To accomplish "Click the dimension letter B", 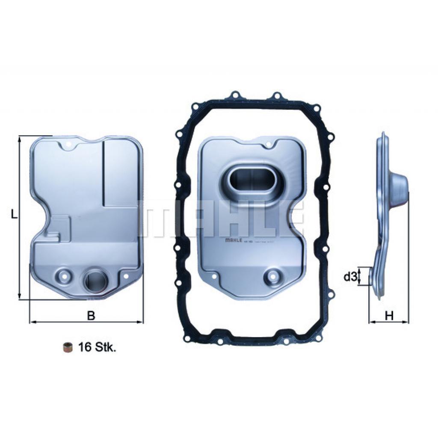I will click(x=90, y=316).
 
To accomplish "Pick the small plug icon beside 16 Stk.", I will click(x=67, y=347).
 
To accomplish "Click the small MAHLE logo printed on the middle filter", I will click(x=233, y=241).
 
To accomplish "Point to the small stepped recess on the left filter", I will click(x=58, y=227).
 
